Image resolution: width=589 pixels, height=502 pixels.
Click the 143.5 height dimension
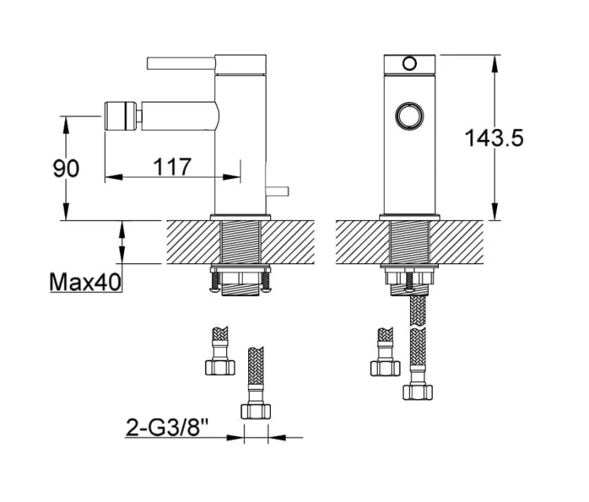pyautogui.click(x=494, y=137)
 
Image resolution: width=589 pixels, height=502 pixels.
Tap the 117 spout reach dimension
pyautogui.click(x=173, y=167)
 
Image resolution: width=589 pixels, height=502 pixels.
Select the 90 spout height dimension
pyautogui.click(x=66, y=168)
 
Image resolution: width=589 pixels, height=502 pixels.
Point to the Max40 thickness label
pyautogui.click(x=86, y=282)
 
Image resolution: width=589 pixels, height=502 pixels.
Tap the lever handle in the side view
pyautogui.click(x=181, y=64)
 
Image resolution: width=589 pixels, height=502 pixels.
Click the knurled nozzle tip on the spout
pyautogui.click(x=120, y=115)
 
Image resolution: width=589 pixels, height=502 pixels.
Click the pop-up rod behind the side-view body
pyautogui.click(x=277, y=191)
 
